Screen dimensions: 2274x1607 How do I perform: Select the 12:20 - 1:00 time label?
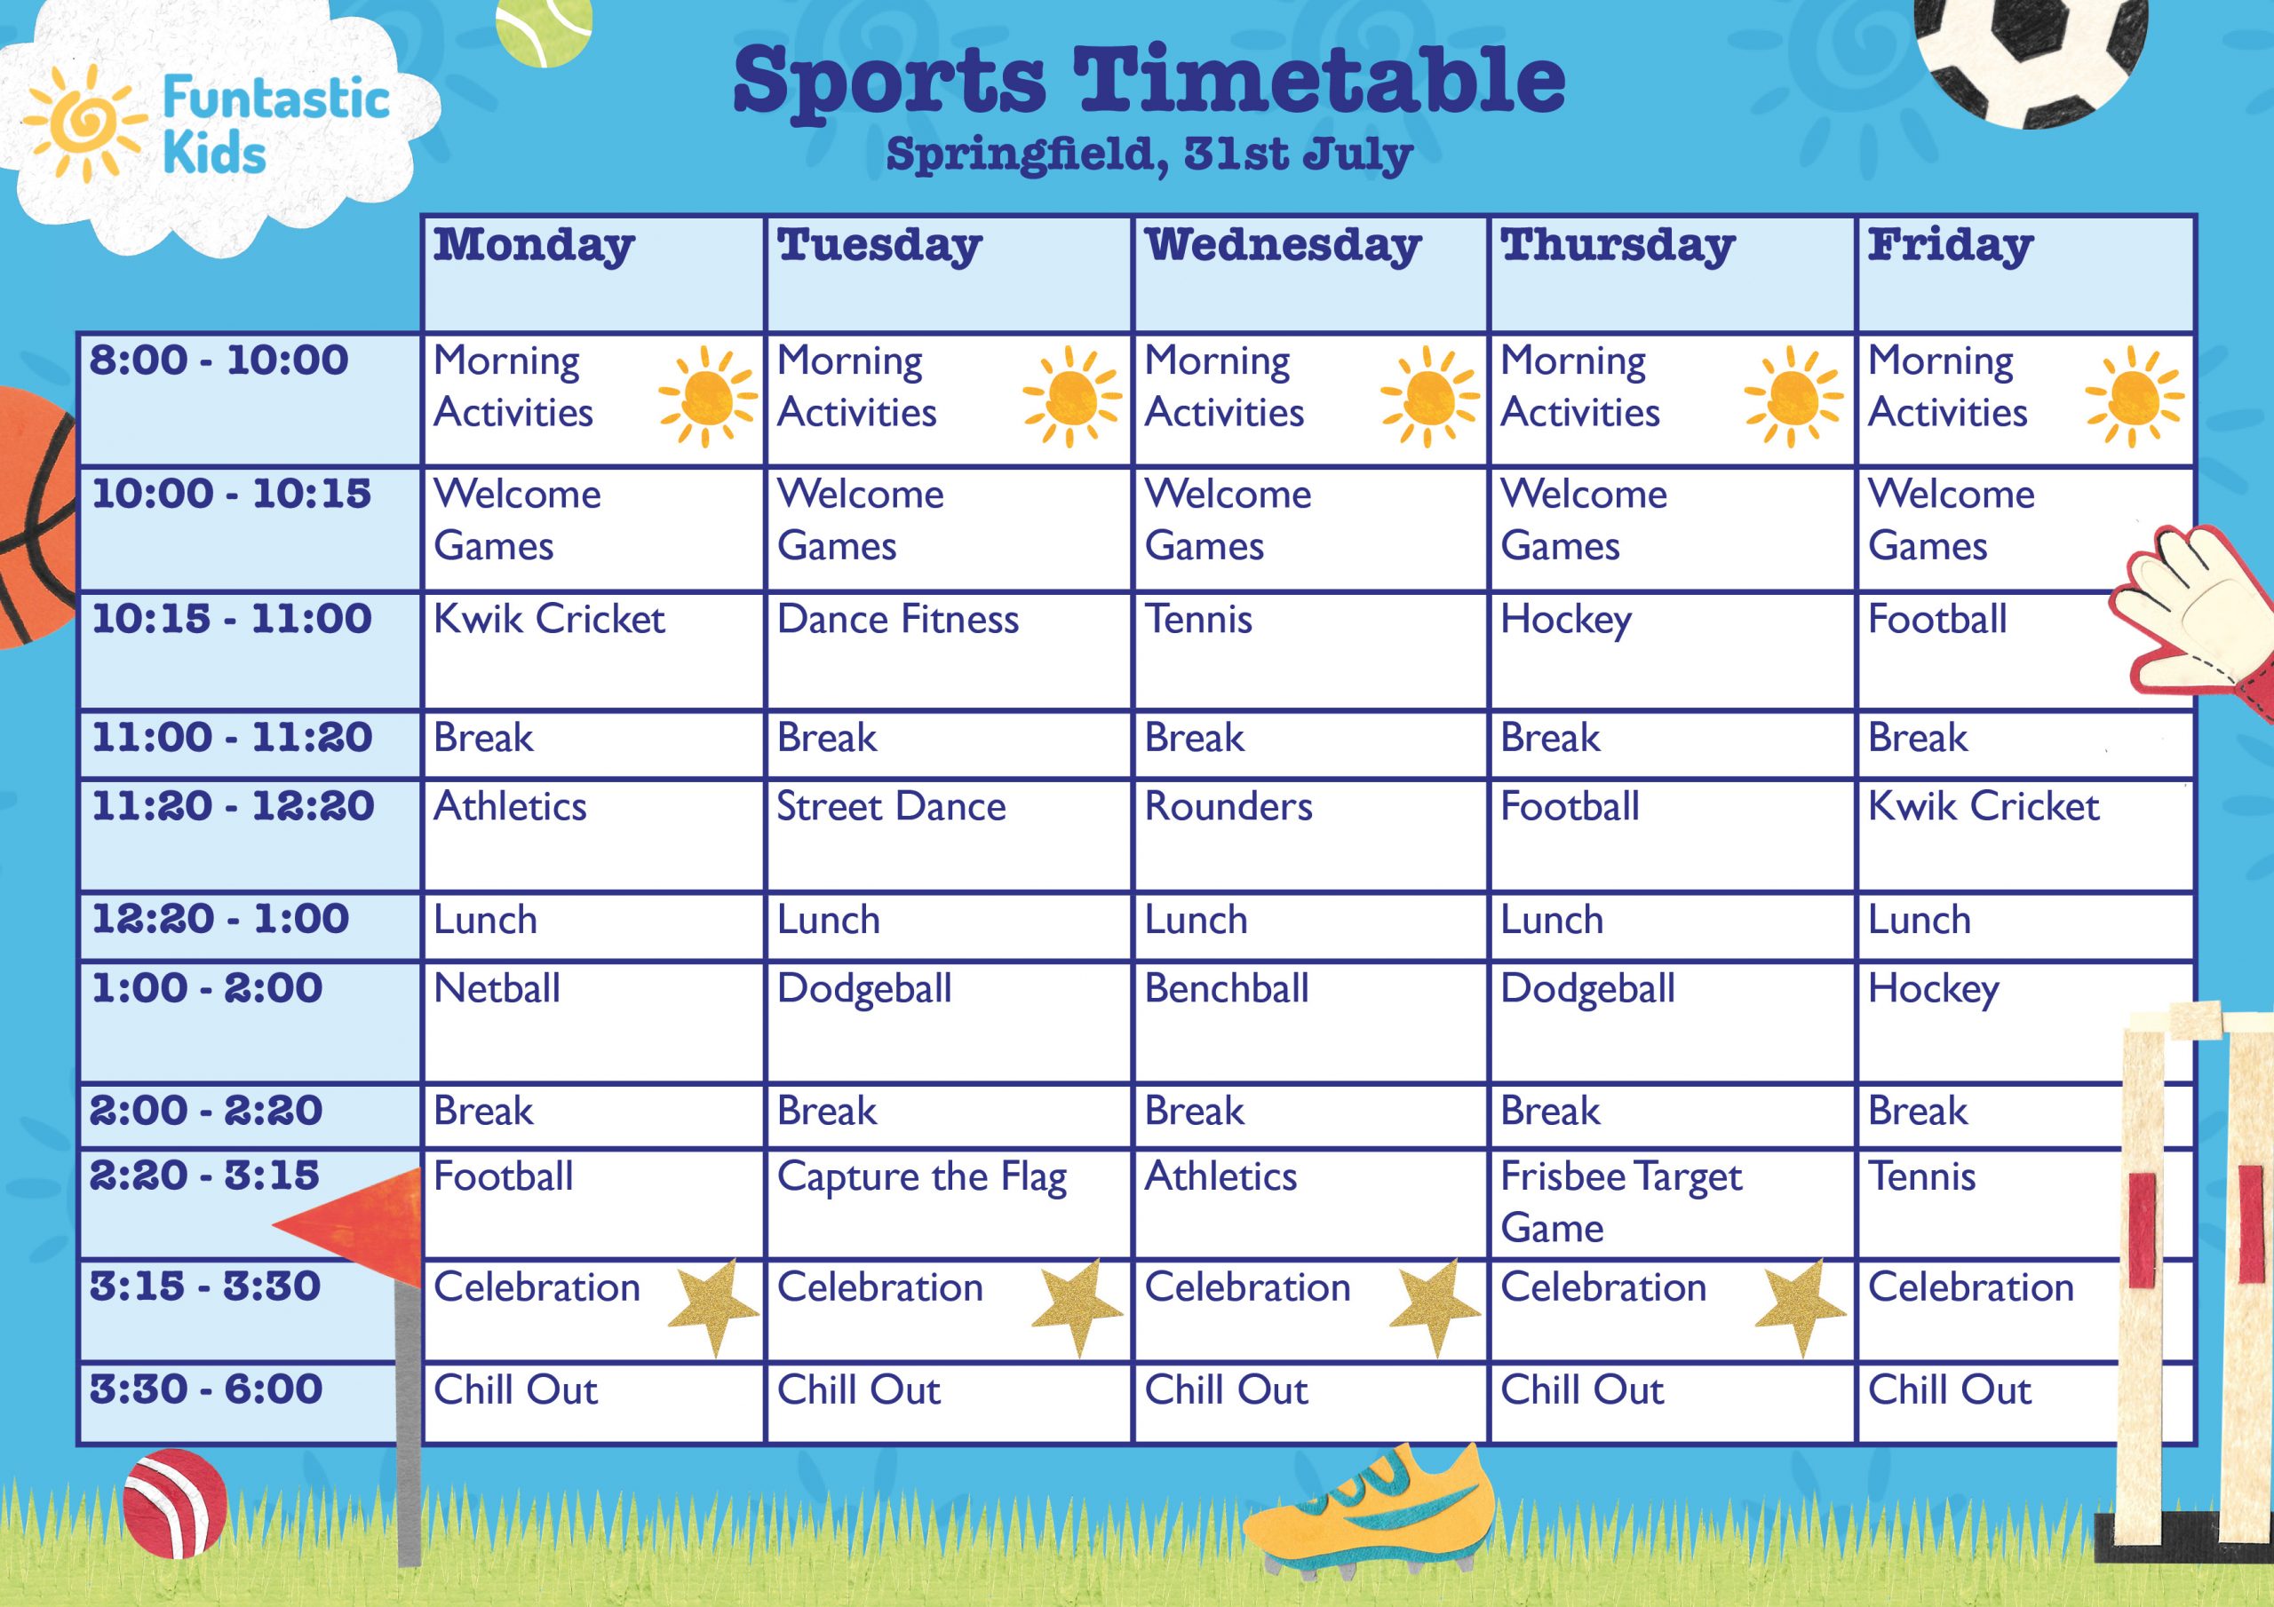[220, 919]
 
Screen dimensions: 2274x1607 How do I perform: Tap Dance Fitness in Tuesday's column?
[897, 620]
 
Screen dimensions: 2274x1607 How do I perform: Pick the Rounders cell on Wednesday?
[1228, 807]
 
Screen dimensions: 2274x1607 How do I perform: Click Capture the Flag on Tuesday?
[922, 1178]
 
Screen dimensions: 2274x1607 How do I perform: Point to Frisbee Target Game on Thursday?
[1621, 1202]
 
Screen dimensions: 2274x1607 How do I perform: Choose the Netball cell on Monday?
[497, 988]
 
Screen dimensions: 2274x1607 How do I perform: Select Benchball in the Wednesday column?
[1226, 988]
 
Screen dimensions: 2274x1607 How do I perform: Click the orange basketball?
[36, 517]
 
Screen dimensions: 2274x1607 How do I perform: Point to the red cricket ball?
[174, 1502]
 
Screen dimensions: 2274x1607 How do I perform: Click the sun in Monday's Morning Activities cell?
[707, 396]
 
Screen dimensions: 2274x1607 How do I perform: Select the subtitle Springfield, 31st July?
[1149, 154]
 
